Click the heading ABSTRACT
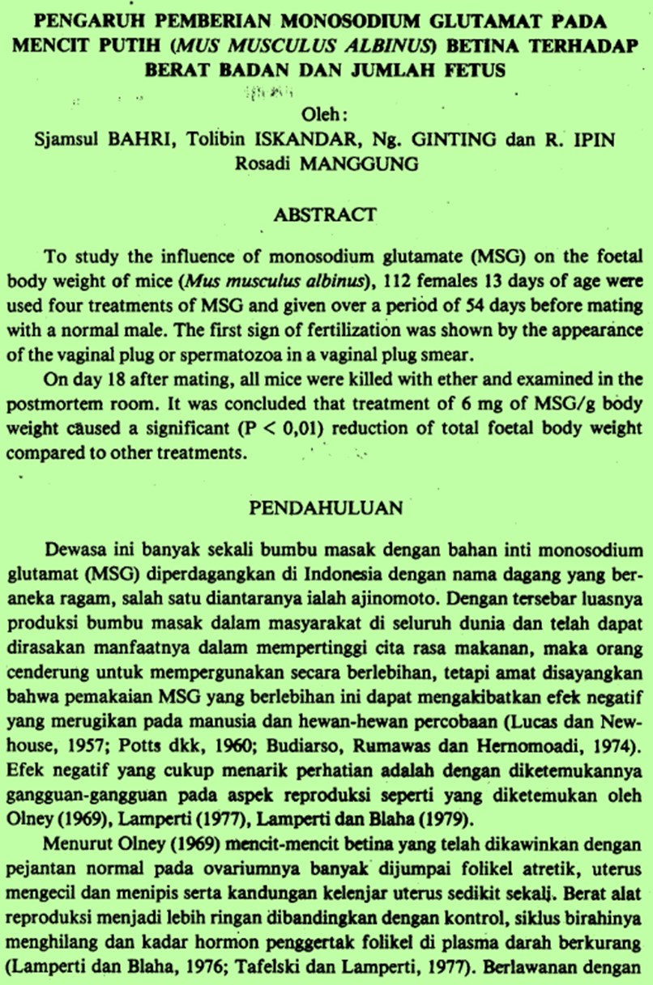point(325,214)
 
